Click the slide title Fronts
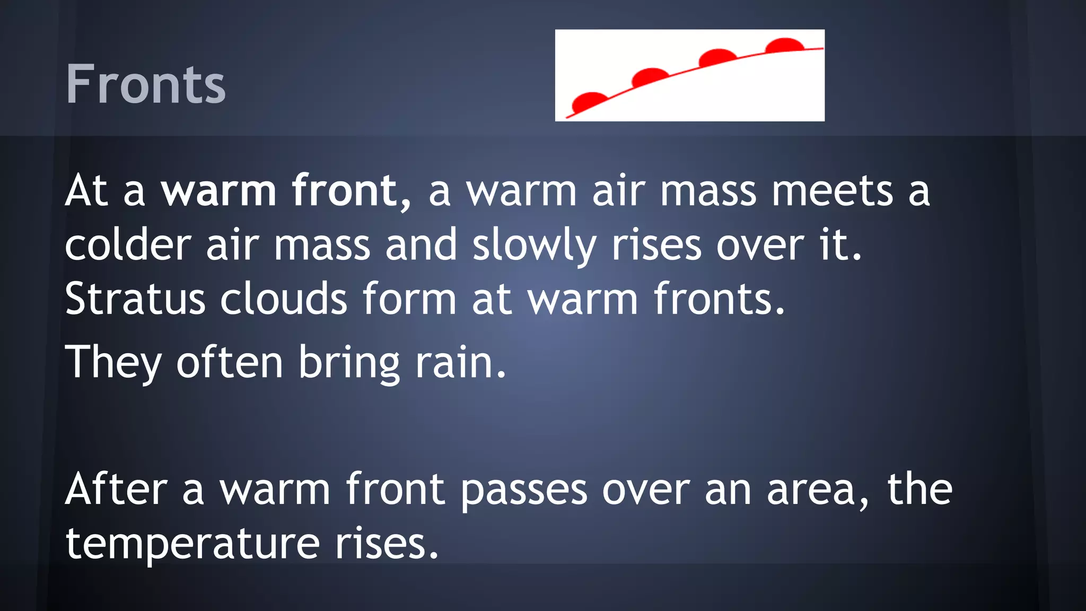coord(146,84)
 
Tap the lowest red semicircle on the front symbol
coord(590,101)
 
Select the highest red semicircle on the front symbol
coord(785,45)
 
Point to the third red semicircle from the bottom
coord(717,57)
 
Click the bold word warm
coord(218,191)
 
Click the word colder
coord(128,245)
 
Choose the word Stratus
coord(135,299)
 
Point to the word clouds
coord(284,299)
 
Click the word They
coord(113,363)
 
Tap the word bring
coord(349,363)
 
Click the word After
coord(116,489)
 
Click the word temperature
coord(192,544)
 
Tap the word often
coord(230,363)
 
